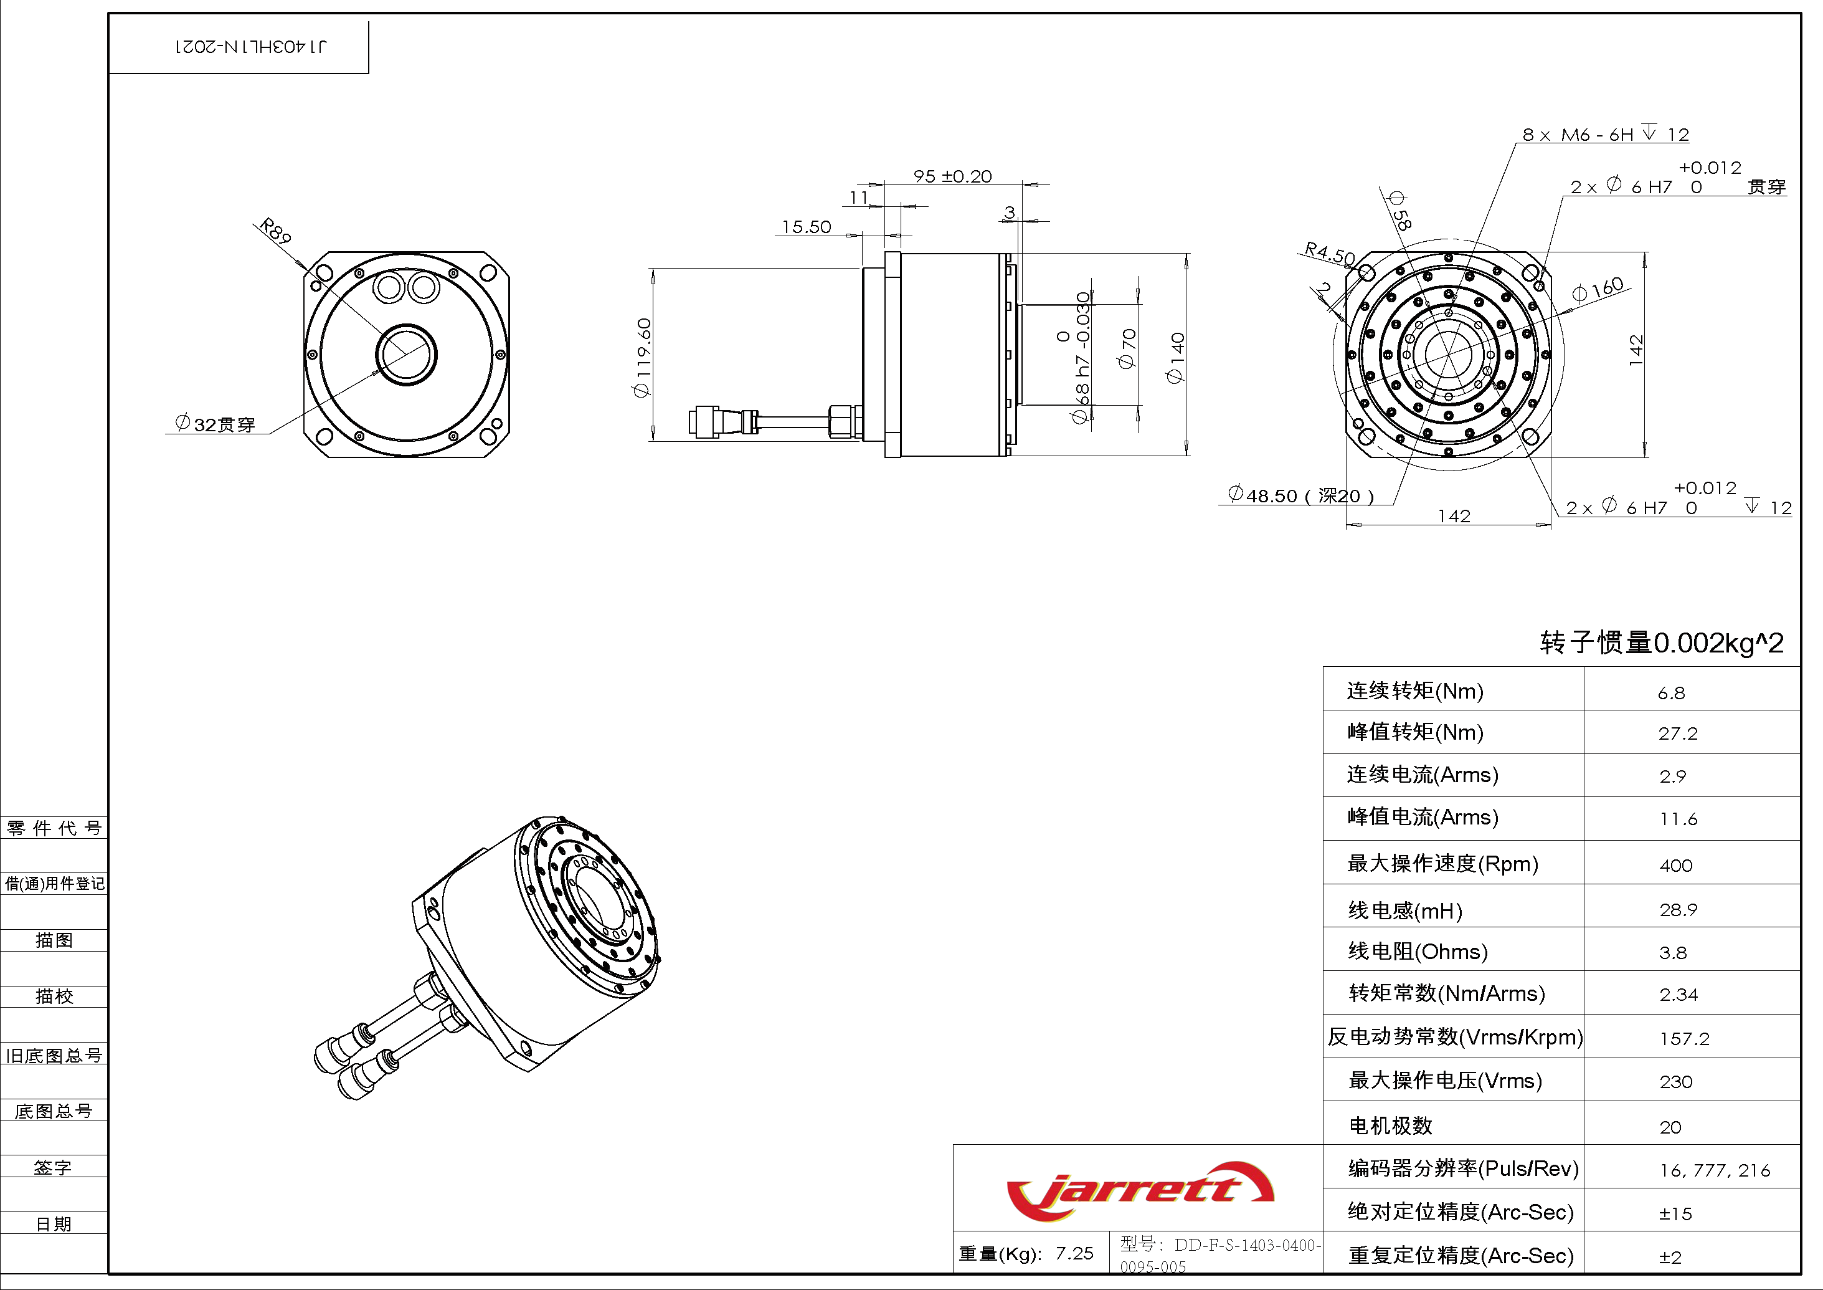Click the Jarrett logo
[x=1139, y=1190]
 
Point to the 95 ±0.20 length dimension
[x=952, y=176]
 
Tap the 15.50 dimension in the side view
[x=806, y=227]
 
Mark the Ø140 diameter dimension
[x=1175, y=358]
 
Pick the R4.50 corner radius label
[x=1329, y=254]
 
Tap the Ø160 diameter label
[x=1598, y=289]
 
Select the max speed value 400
[x=1675, y=865]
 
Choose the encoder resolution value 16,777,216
[x=1714, y=1170]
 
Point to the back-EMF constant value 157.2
[x=1684, y=1038]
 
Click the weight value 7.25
[x=1074, y=1253]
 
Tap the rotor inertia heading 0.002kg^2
[x=1661, y=642]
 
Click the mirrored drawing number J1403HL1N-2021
[x=250, y=46]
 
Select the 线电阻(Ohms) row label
[x=1418, y=951]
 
